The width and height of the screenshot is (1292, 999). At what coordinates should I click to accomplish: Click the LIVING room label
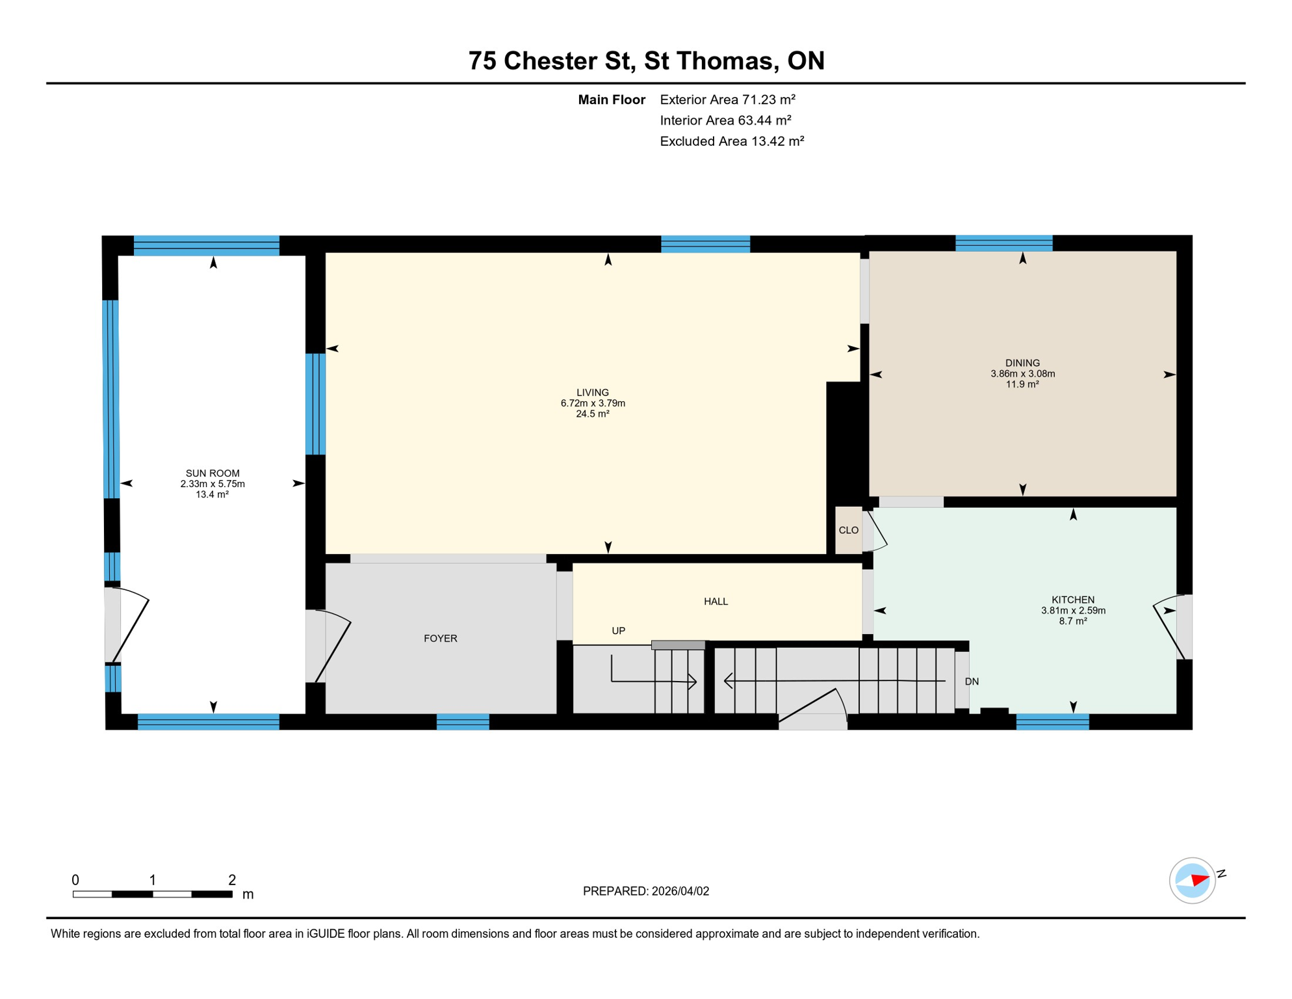point(592,392)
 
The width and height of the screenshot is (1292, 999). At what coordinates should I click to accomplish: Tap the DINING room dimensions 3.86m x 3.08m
point(1022,374)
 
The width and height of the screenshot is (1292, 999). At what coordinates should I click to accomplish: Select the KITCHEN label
point(1073,600)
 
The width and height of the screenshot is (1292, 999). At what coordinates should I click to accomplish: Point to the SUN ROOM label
point(213,473)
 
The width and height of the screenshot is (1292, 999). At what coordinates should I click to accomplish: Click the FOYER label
point(440,639)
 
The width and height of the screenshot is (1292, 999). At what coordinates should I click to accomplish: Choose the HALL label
point(716,602)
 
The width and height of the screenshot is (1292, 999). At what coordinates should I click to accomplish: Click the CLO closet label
point(848,530)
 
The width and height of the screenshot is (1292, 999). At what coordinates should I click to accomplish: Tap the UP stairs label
point(618,631)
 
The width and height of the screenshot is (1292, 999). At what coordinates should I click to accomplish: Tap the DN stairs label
point(972,682)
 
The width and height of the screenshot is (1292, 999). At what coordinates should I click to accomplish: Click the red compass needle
point(1200,881)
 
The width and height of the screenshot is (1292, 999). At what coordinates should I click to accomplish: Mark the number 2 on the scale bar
point(232,880)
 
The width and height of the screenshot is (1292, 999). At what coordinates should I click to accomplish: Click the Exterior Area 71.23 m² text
point(727,100)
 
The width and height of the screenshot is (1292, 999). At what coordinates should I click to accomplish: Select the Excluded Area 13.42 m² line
point(732,141)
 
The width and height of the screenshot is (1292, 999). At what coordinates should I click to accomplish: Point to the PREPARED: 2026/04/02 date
point(645,891)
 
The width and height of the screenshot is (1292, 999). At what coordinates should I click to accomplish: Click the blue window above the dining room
point(1003,243)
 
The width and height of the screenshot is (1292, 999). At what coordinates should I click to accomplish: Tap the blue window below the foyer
point(463,721)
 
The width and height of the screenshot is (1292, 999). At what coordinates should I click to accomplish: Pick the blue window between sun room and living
point(315,404)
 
